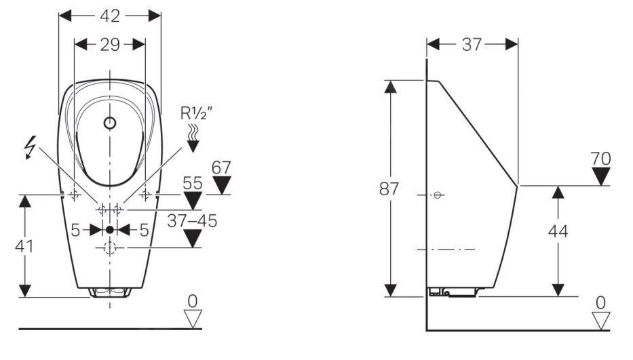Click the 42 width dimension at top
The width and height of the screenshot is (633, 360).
pos(110,15)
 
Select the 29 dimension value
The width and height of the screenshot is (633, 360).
pos(110,45)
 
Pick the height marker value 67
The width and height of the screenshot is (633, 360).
pos(221,167)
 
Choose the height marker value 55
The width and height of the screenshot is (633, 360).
pos(193,183)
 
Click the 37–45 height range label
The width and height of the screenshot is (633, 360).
pos(193,220)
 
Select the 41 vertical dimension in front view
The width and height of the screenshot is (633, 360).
pos(24,245)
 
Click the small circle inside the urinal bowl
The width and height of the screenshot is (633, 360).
pos(110,123)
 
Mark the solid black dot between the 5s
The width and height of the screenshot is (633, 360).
pos(110,230)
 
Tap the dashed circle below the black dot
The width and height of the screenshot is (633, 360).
pos(110,248)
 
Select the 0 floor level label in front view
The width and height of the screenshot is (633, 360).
pos(193,300)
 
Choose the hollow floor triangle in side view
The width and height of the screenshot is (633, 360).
pos(600,319)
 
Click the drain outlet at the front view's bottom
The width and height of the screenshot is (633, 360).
pos(109,292)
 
